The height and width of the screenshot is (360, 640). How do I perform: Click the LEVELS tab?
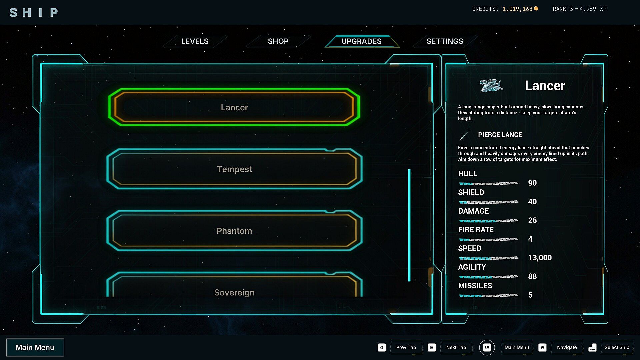195,41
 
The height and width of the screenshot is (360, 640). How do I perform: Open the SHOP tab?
278,41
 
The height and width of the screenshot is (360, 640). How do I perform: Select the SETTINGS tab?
445,41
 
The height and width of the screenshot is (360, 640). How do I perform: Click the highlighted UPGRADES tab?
362,41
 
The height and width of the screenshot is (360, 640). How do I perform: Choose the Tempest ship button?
234,169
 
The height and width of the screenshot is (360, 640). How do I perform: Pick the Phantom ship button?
234,231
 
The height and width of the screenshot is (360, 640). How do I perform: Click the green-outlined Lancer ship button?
234,107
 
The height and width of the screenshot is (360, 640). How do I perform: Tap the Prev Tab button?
406,347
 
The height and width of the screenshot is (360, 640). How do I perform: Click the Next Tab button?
456,347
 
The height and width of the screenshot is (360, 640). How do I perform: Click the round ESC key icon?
487,347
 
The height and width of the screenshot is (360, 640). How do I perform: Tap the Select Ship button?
617,347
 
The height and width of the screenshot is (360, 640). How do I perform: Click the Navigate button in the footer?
567,347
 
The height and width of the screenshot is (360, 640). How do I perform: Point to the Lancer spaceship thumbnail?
491,85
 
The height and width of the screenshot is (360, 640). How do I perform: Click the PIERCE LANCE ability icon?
465,135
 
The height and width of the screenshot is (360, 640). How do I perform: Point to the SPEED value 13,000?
540,258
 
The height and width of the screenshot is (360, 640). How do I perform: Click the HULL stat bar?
489,183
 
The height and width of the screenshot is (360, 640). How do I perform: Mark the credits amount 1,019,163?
517,9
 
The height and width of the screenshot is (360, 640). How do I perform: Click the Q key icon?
382,347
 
